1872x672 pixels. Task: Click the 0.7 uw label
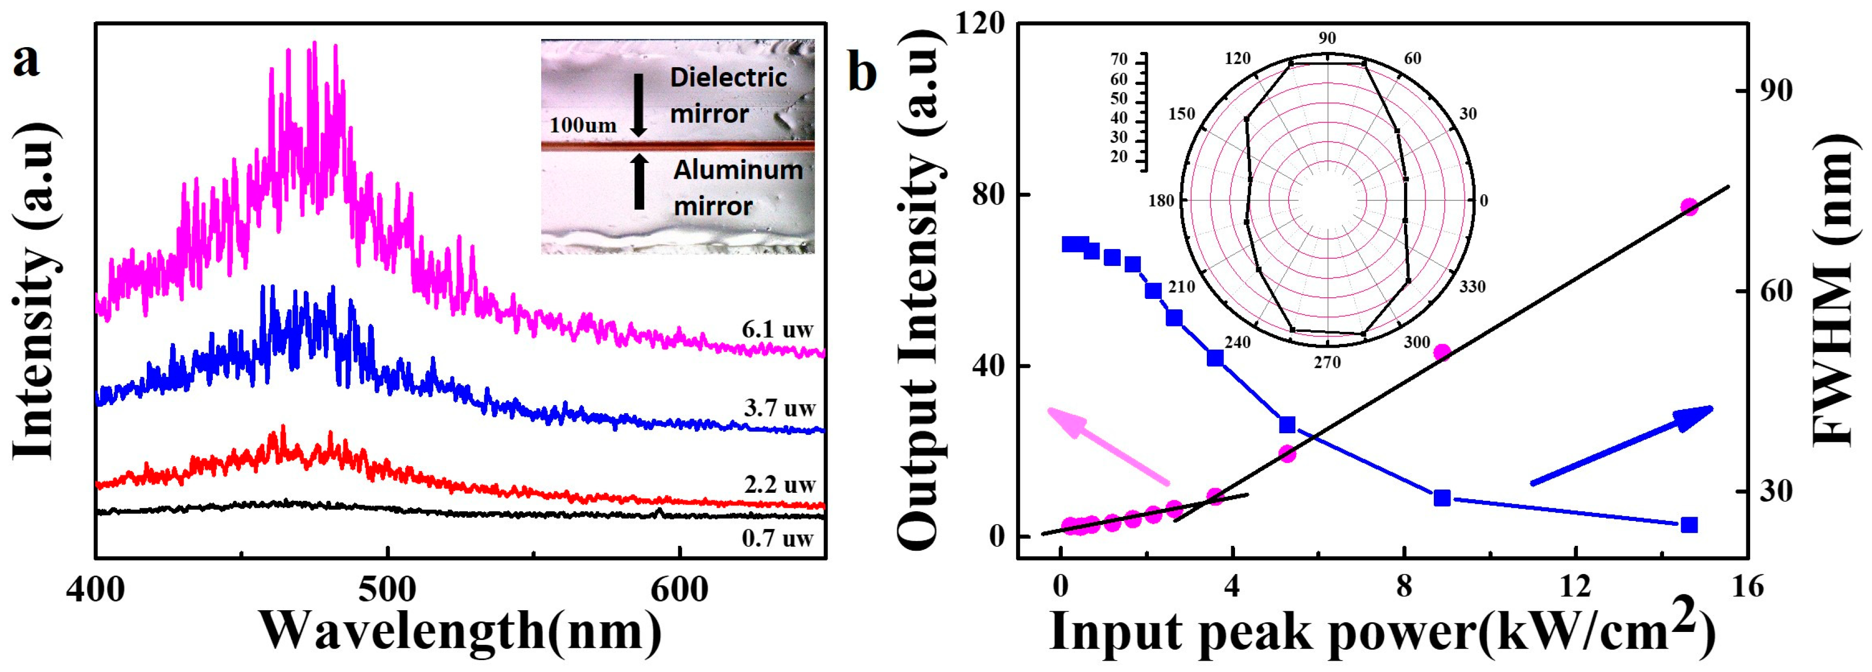[x=778, y=538]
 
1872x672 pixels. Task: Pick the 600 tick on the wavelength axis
[x=679, y=590]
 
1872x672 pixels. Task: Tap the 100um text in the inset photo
[x=583, y=125]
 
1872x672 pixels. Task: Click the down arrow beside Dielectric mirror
[x=639, y=106]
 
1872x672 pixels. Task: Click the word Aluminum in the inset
[x=738, y=171]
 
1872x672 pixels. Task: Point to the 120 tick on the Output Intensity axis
[x=979, y=23]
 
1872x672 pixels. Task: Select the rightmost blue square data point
[x=1689, y=525]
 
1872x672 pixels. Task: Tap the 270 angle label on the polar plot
[x=1327, y=362]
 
